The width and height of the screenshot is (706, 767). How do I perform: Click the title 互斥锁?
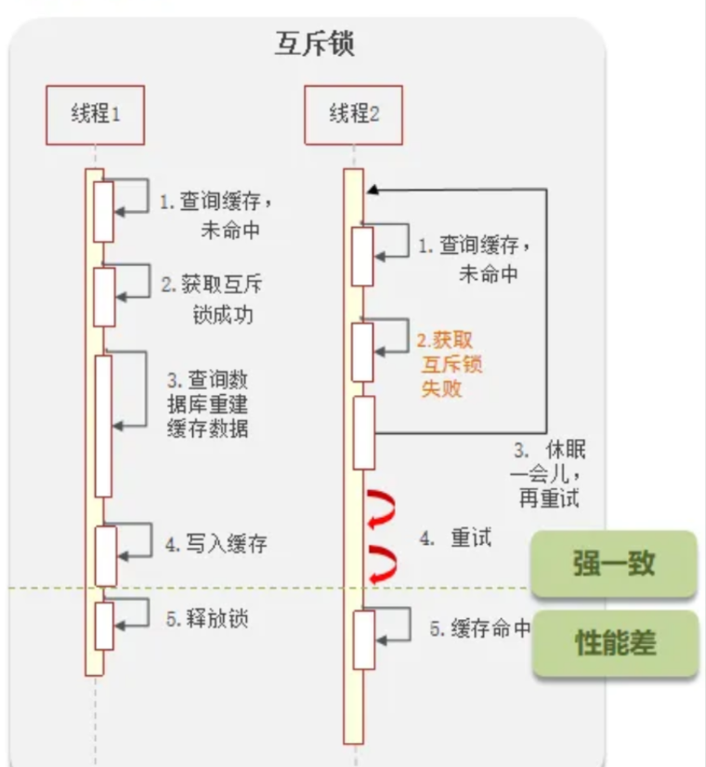coord(315,45)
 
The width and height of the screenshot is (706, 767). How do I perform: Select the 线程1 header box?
coord(95,114)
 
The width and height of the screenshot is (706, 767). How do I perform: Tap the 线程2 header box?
coord(353,114)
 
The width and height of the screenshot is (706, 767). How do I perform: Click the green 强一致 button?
coord(614,563)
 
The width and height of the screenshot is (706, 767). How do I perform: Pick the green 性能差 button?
coord(614,642)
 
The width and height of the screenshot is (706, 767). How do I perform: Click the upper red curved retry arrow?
coord(382,509)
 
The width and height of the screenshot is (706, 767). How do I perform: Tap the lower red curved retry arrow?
coord(382,563)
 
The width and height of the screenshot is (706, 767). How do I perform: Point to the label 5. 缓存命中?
coord(479,628)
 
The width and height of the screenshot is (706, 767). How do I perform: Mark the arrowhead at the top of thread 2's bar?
coord(371,190)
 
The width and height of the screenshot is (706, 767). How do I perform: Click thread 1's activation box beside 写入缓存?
coord(104,555)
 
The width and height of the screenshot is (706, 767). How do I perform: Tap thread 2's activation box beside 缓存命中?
coord(363,640)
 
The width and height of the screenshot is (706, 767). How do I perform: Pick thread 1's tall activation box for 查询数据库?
coord(103,425)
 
